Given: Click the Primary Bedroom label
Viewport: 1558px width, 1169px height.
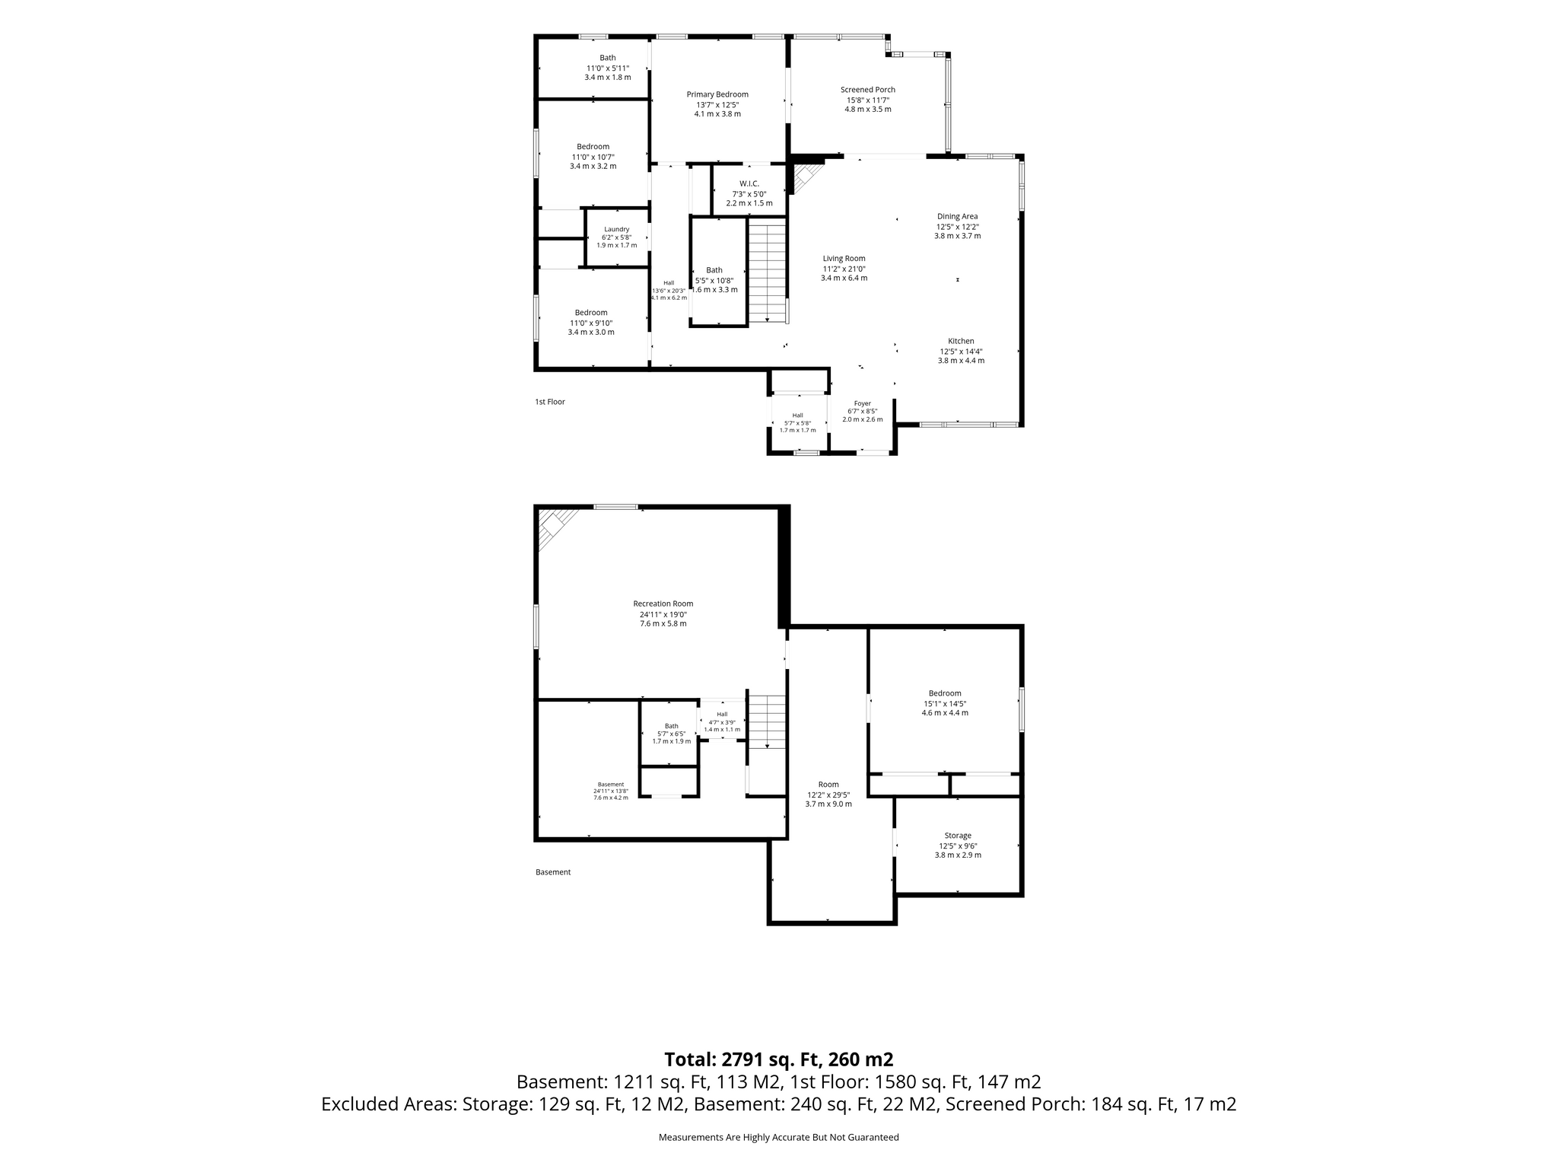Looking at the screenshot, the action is click(717, 94).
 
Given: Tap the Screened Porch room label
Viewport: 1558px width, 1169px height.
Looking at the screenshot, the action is click(868, 90).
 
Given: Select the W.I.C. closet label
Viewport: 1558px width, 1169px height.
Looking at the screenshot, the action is click(749, 183).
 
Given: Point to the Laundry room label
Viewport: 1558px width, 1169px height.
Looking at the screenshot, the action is click(617, 229).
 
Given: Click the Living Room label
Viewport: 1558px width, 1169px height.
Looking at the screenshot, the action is click(844, 259).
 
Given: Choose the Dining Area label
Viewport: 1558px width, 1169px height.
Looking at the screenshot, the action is click(958, 216).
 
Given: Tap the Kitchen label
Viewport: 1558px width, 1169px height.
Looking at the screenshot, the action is click(961, 341).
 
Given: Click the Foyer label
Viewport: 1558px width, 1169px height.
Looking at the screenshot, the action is click(862, 403).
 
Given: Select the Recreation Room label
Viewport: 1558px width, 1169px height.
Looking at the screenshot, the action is click(663, 604).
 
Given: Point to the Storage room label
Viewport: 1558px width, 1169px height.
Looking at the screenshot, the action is click(958, 836).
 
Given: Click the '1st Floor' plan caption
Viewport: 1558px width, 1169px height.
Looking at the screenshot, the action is click(550, 402).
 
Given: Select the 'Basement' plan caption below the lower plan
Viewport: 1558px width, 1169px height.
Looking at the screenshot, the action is click(553, 872).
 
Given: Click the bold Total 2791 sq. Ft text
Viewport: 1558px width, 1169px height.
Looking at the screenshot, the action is click(779, 1059).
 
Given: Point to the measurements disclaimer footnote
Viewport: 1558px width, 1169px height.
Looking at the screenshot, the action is click(779, 1138).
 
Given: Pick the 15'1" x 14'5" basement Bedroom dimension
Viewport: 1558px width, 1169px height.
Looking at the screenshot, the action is click(945, 704).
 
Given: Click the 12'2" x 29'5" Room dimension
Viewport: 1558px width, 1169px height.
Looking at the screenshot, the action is click(828, 795).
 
